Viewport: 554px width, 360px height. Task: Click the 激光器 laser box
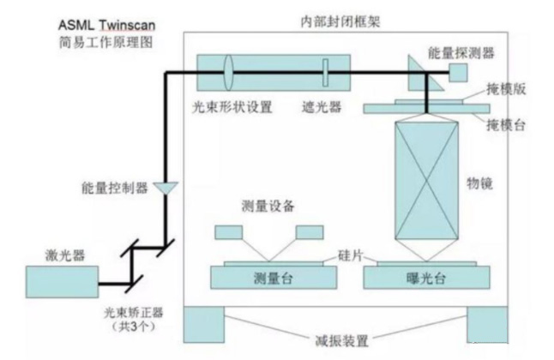(x=61, y=282)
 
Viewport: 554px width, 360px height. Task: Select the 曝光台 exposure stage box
(x=427, y=279)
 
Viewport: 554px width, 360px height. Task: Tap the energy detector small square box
(x=456, y=75)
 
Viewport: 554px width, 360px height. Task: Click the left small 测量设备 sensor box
(x=229, y=231)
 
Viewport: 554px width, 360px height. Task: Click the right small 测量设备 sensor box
(x=309, y=231)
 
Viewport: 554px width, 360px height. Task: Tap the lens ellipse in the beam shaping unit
(x=230, y=73)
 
